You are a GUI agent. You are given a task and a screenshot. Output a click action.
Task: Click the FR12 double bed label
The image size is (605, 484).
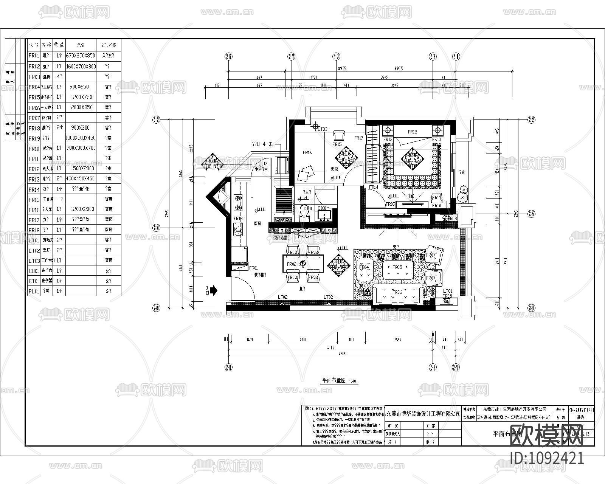[x=412, y=132]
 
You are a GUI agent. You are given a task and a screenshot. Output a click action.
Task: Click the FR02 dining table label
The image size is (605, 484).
[x=291, y=264]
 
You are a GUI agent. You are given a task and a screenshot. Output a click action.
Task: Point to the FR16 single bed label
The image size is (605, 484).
[x=307, y=153]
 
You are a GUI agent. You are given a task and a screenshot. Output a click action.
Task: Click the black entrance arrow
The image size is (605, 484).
[x=214, y=290]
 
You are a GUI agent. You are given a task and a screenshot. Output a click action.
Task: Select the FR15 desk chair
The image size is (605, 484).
[x=339, y=136]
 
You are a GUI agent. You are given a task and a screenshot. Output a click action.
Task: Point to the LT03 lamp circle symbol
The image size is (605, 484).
[x=316, y=127]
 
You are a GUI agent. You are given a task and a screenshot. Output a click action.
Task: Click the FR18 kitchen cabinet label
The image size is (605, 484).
[x=238, y=219]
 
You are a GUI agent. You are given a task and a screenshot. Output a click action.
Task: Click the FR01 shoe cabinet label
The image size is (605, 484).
[x=253, y=268]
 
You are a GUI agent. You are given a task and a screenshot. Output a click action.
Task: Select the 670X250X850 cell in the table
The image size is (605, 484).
[x=81, y=56]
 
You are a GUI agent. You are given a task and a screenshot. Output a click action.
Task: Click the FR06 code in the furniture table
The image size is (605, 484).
[x=34, y=108]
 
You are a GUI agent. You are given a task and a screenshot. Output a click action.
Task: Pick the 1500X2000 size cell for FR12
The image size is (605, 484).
[x=81, y=168]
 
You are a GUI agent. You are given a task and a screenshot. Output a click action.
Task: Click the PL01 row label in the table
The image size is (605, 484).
[x=34, y=291]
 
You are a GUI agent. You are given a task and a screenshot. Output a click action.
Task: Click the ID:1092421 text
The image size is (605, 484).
[x=547, y=459]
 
